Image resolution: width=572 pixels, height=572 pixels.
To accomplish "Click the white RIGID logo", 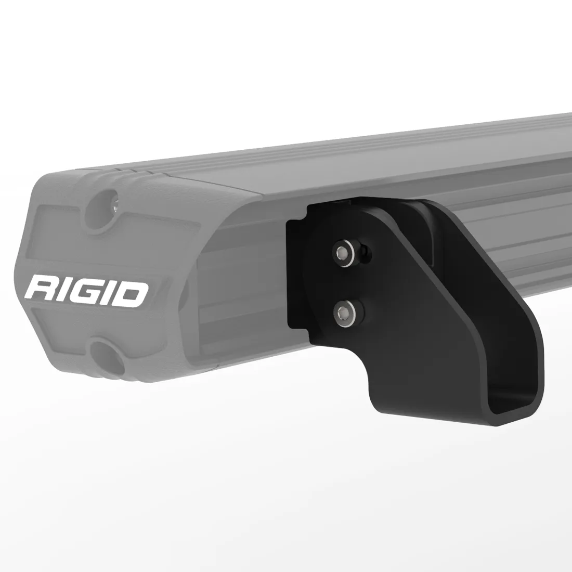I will pos(87,290).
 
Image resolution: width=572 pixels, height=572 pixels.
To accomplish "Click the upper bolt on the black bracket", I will pos(343,252).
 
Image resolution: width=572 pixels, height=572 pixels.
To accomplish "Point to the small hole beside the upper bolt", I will pos(367,253).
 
